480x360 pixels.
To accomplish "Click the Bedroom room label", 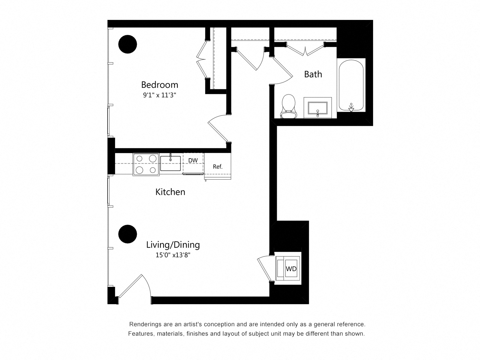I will [x=159, y=84].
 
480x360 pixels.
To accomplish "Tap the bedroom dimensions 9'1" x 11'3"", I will [x=159, y=95].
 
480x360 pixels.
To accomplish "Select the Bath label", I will [x=313, y=74].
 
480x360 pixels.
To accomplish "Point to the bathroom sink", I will [x=318, y=108].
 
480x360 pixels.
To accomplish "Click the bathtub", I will [x=351, y=85].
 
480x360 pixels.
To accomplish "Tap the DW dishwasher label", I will [x=193, y=160].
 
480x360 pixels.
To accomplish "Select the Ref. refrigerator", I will [x=217, y=166].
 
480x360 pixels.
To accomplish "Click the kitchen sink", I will [x=170, y=163].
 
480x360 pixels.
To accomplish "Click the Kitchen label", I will [x=170, y=192].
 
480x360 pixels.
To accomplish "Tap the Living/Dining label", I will [x=172, y=245].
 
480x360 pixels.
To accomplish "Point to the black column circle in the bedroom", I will [x=128, y=44].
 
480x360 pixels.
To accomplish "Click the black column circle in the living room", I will [x=128, y=234].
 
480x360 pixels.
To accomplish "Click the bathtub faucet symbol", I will [x=351, y=107].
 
